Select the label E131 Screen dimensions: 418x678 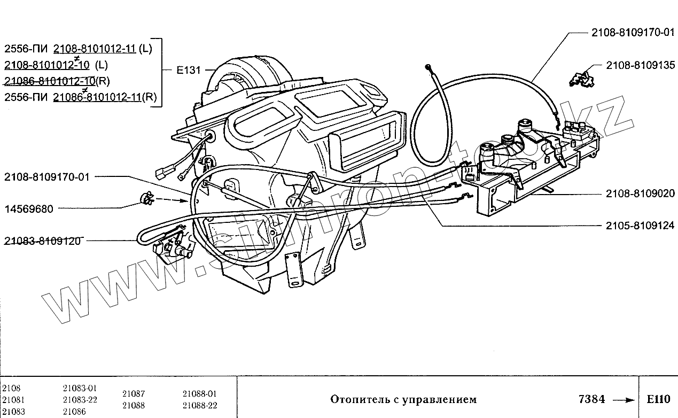coord(188,70)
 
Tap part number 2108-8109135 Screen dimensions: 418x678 coord(640,65)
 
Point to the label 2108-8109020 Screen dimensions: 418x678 coord(640,193)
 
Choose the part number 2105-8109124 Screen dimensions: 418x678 coord(640,226)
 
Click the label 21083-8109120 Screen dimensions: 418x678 coord(42,241)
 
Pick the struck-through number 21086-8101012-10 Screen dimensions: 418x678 coord(50,81)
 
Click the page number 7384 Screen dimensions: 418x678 coord(591,399)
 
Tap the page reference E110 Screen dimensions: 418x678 coord(657,399)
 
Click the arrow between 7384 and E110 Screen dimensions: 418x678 coord(623,400)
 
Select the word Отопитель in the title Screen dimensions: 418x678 coord(354,399)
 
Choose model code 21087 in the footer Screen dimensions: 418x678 coord(133,393)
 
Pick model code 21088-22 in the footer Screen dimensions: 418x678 coord(200,405)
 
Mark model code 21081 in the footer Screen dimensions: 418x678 coord(13,399)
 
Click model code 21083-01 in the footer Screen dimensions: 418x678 coord(80,388)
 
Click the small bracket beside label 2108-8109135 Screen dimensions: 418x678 coord(581,78)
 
